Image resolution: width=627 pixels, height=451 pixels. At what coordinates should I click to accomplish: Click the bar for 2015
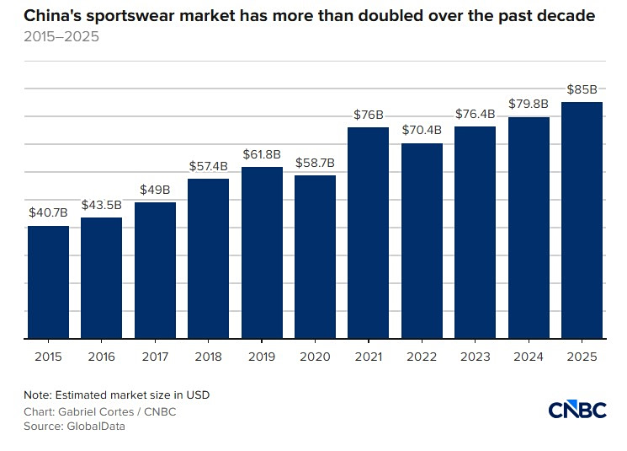click(x=48, y=282)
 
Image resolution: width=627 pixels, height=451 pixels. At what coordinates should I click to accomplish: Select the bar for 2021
click(x=369, y=234)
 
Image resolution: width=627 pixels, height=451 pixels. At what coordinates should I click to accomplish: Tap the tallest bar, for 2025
click(x=582, y=220)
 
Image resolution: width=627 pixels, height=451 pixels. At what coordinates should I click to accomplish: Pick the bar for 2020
click(x=315, y=257)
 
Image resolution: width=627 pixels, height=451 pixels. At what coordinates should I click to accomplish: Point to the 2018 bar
click(x=209, y=259)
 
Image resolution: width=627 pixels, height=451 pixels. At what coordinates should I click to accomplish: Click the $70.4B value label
click(x=422, y=130)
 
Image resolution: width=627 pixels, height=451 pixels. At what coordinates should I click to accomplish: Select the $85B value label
click(x=582, y=89)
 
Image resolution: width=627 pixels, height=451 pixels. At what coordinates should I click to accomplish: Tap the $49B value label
click(x=155, y=190)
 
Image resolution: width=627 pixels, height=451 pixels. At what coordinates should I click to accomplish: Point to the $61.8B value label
click(x=262, y=154)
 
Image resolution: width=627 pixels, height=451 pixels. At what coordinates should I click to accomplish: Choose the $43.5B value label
click(x=102, y=205)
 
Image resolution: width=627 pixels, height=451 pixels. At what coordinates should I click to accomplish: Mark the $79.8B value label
click(x=529, y=104)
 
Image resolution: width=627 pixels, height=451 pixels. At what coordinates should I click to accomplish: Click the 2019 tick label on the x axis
click(x=262, y=357)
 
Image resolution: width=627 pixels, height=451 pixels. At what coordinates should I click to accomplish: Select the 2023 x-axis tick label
click(x=475, y=357)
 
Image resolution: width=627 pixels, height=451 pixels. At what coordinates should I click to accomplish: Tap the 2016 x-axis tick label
click(x=102, y=357)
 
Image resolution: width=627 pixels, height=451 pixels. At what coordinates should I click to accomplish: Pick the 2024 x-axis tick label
click(x=529, y=357)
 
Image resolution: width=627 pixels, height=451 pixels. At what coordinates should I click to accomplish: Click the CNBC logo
click(x=577, y=410)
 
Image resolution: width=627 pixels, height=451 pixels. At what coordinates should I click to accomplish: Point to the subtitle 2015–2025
click(x=61, y=36)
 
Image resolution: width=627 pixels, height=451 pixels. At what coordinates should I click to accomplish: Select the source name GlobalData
click(x=96, y=426)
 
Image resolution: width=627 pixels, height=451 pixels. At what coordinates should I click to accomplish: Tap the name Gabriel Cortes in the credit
click(x=96, y=411)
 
